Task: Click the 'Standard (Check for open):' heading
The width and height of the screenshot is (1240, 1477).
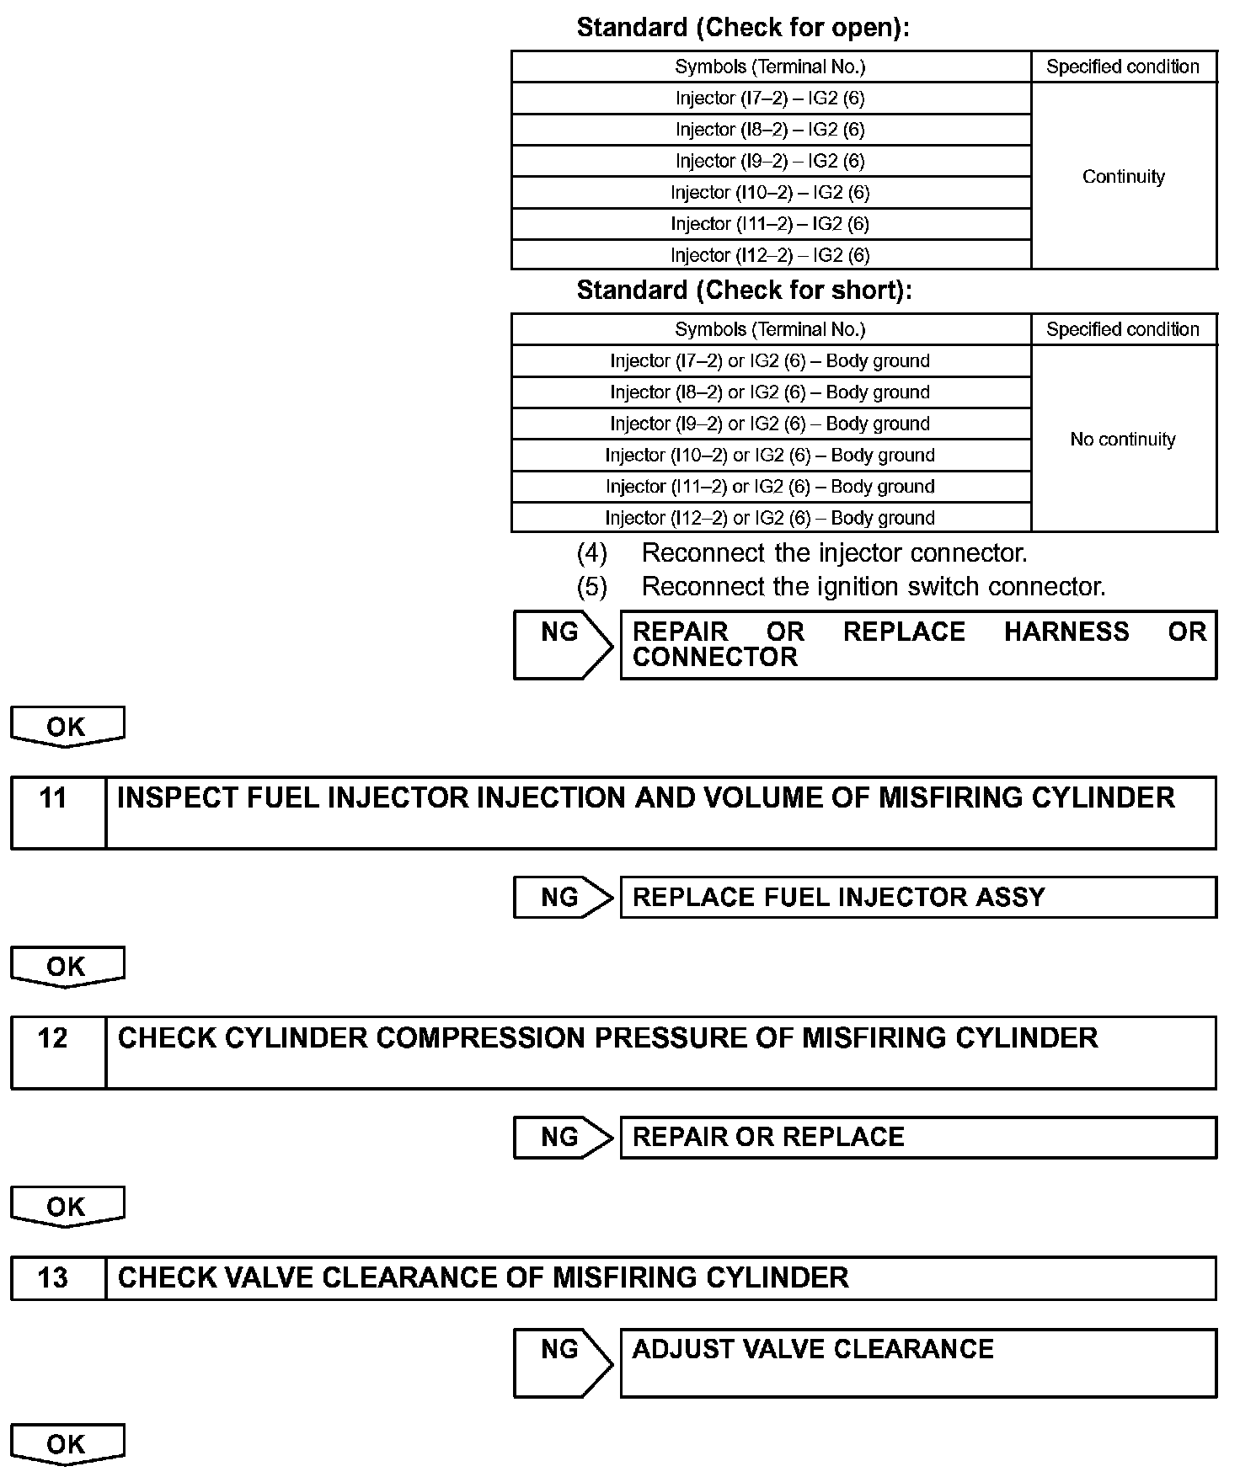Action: [743, 28]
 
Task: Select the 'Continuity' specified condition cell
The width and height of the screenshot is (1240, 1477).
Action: [1123, 177]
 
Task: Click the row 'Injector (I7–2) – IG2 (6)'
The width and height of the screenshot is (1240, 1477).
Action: [770, 99]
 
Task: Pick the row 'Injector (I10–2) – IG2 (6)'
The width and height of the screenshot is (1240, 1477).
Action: [770, 193]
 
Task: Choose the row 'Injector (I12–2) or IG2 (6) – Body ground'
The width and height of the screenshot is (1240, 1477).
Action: [770, 518]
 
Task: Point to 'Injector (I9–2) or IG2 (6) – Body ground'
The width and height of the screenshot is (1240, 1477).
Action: [770, 424]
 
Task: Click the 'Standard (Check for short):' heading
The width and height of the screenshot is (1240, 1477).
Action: [744, 291]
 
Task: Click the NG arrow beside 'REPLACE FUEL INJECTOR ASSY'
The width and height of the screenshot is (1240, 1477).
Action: [563, 898]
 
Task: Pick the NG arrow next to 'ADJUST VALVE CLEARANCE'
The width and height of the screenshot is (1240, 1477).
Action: [563, 1362]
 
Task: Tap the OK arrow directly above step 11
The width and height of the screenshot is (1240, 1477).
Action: [67, 727]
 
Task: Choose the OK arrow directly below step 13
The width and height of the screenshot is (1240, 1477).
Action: [67, 1444]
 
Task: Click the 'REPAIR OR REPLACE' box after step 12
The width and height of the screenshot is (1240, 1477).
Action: [918, 1138]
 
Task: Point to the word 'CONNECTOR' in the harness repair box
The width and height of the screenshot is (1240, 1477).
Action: [714, 658]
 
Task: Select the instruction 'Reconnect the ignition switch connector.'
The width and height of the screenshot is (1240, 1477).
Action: [874, 587]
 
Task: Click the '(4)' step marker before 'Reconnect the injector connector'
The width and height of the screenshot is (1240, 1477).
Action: [591, 553]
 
